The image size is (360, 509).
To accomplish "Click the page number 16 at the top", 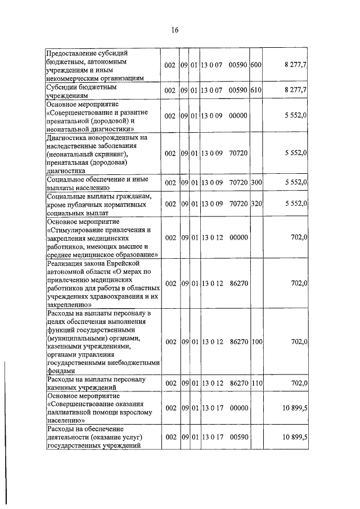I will (x=175, y=30).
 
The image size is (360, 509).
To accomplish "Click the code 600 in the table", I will (x=255, y=65).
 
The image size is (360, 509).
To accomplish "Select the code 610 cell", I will (x=255, y=90).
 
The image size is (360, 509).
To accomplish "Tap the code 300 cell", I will (x=255, y=182).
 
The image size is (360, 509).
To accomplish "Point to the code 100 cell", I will (x=255, y=341).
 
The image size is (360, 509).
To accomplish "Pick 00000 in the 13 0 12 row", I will (x=238, y=238).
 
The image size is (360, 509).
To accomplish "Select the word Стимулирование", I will (x=78, y=229).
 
